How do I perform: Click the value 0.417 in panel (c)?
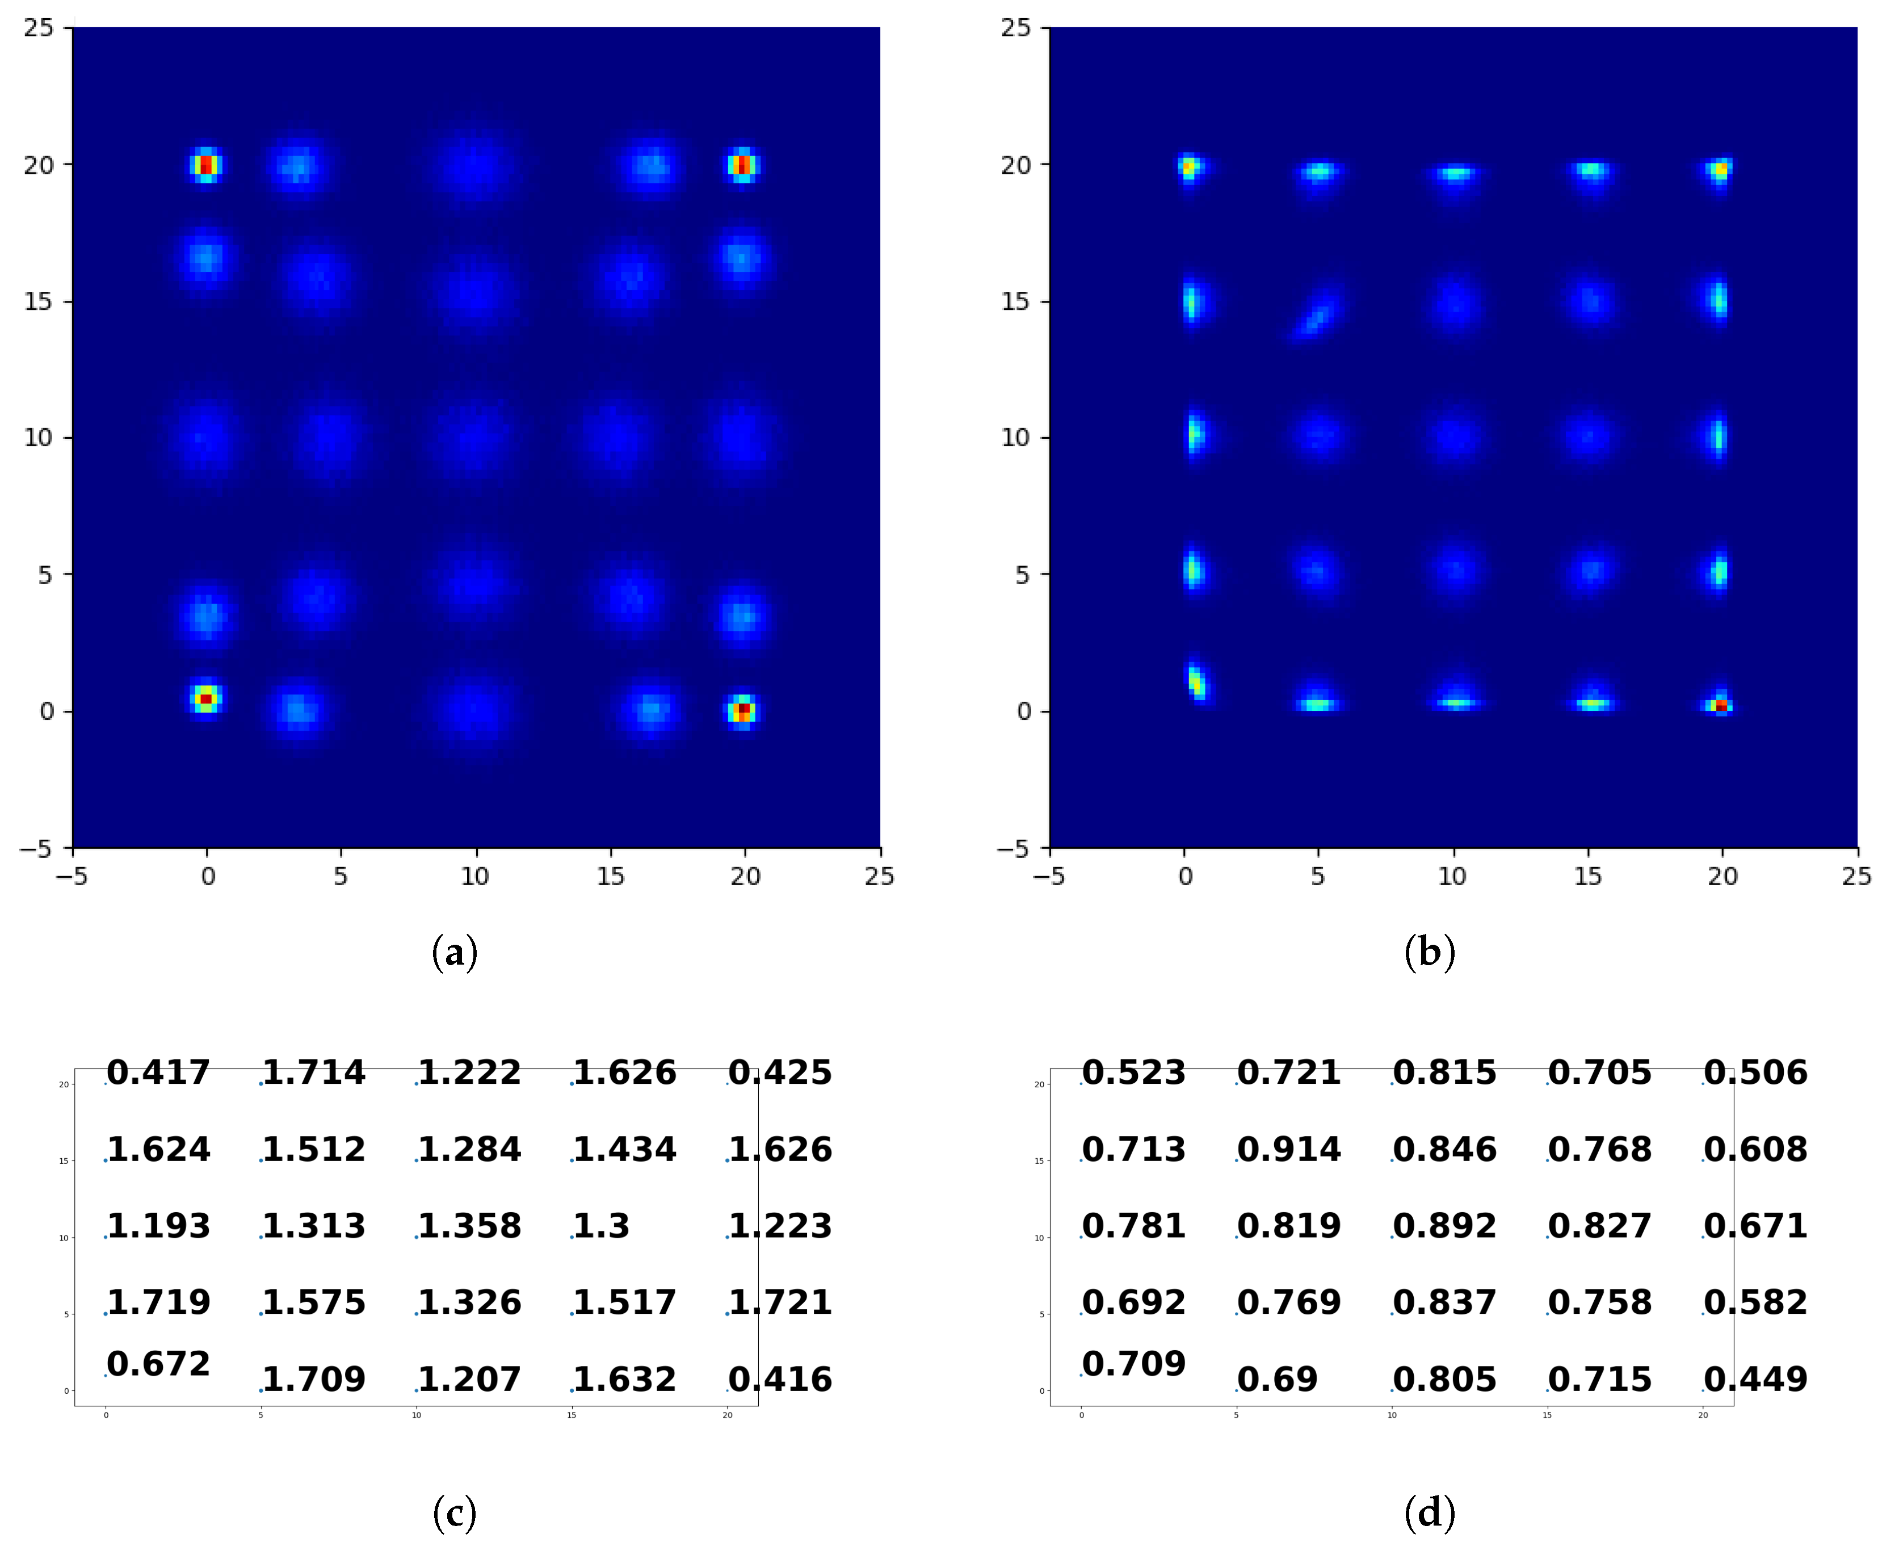point(158,1072)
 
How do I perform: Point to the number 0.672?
point(158,1363)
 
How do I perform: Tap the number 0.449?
point(1755,1380)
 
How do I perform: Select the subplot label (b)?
point(1430,952)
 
